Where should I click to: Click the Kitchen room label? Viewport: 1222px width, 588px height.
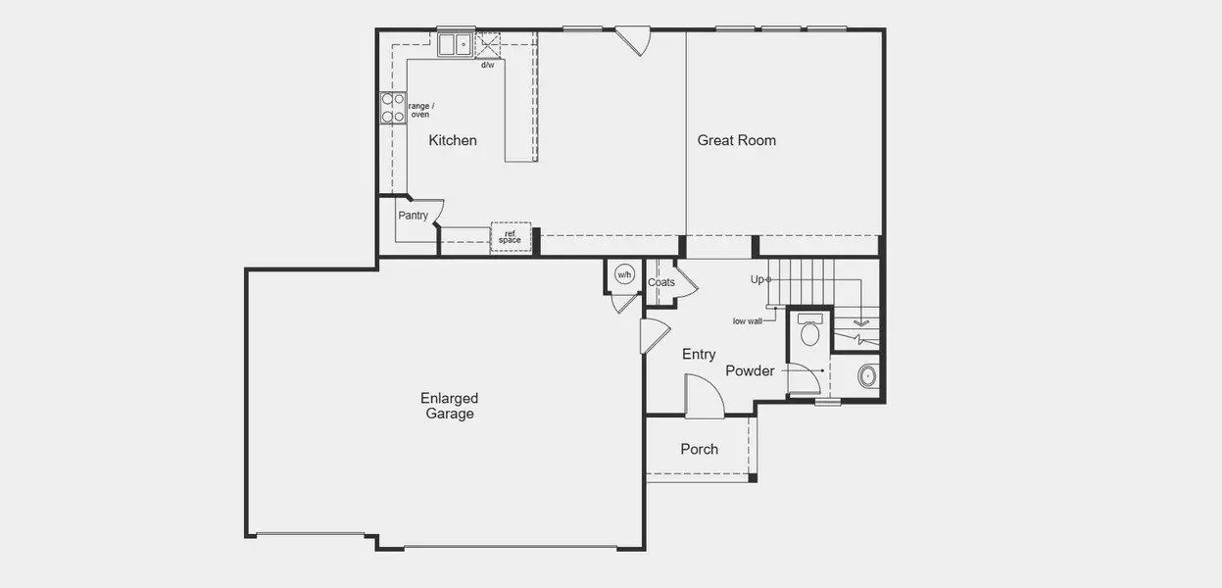tap(453, 140)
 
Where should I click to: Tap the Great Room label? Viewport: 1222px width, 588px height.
tap(736, 140)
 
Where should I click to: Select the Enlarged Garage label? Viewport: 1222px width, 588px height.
tap(450, 406)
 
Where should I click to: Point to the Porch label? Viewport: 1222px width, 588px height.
tap(700, 449)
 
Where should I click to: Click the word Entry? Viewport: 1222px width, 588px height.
tap(699, 355)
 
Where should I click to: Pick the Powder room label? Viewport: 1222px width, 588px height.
tap(750, 370)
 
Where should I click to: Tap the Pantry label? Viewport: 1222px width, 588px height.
tap(413, 216)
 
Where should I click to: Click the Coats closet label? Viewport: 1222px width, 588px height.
tap(661, 282)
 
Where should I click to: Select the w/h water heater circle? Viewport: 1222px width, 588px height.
tap(624, 275)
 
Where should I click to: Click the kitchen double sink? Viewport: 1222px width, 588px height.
tap(456, 44)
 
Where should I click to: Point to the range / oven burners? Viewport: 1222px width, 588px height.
tap(393, 108)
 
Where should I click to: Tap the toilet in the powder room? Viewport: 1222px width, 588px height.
tap(809, 330)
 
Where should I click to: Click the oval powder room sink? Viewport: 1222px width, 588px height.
tap(866, 375)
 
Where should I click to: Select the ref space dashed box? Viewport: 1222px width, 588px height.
tap(511, 237)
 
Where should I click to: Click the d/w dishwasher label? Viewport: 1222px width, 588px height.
tap(487, 66)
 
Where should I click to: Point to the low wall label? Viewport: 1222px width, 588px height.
tap(747, 320)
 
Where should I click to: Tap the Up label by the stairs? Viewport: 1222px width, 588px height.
tap(757, 279)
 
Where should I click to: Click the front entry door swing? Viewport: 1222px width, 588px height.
tap(703, 397)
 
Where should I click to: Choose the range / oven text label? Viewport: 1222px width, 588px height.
tap(420, 110)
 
